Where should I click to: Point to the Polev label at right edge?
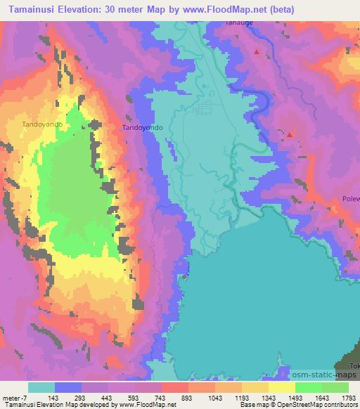pos(351,199)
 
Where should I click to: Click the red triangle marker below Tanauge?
pos(257,51)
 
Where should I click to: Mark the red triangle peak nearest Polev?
pos(289,133)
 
